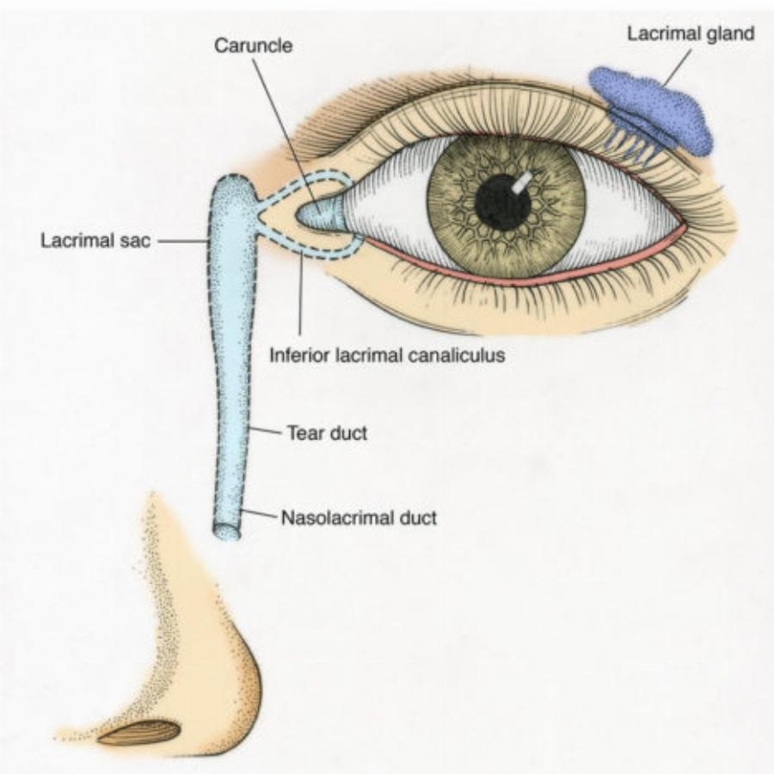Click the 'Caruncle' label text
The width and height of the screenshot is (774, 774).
254,46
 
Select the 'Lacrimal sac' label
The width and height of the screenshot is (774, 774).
95,241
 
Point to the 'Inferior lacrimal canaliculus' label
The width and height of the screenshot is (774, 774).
386,354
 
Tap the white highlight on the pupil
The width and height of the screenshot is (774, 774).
522,182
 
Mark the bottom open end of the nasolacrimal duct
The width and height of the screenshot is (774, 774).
227,531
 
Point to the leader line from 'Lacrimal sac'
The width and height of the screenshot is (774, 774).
182,242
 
